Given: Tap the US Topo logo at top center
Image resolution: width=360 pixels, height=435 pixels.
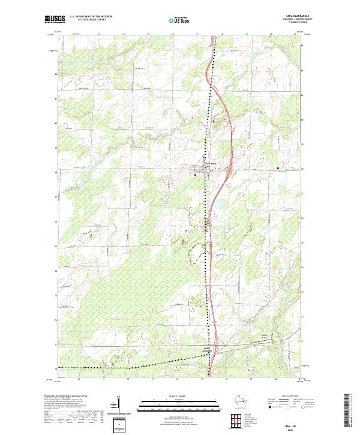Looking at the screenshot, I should click(x=178, y=20).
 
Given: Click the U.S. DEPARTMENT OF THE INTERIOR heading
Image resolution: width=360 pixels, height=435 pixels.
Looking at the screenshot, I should click(x=91, y=17).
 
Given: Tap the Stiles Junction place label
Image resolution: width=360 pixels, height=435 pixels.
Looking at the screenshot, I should click(x=207, y=349).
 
